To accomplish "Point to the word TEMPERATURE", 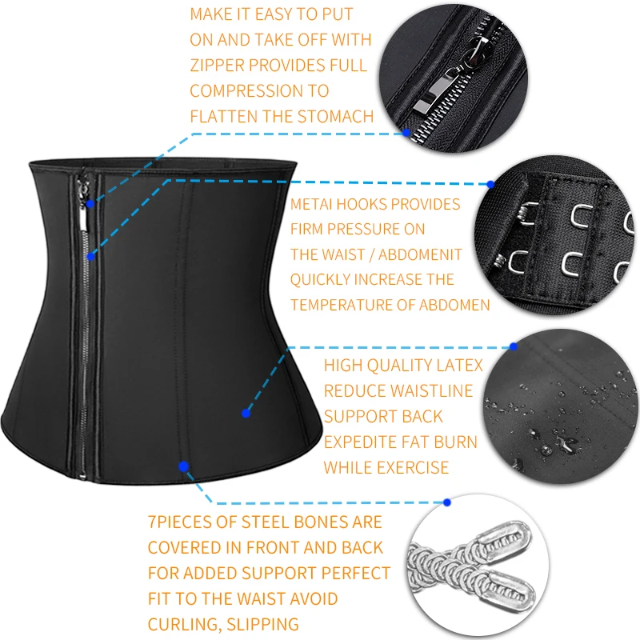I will point(339,305).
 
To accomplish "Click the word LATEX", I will point(458,366).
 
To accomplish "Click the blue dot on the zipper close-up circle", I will point(406,134).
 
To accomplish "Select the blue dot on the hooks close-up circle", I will point(490,183).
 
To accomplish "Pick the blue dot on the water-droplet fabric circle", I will point(514,347).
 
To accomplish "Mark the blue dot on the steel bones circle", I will point(447,503).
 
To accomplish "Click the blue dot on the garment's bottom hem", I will point(184,466).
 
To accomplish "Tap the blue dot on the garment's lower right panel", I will point(246,413).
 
